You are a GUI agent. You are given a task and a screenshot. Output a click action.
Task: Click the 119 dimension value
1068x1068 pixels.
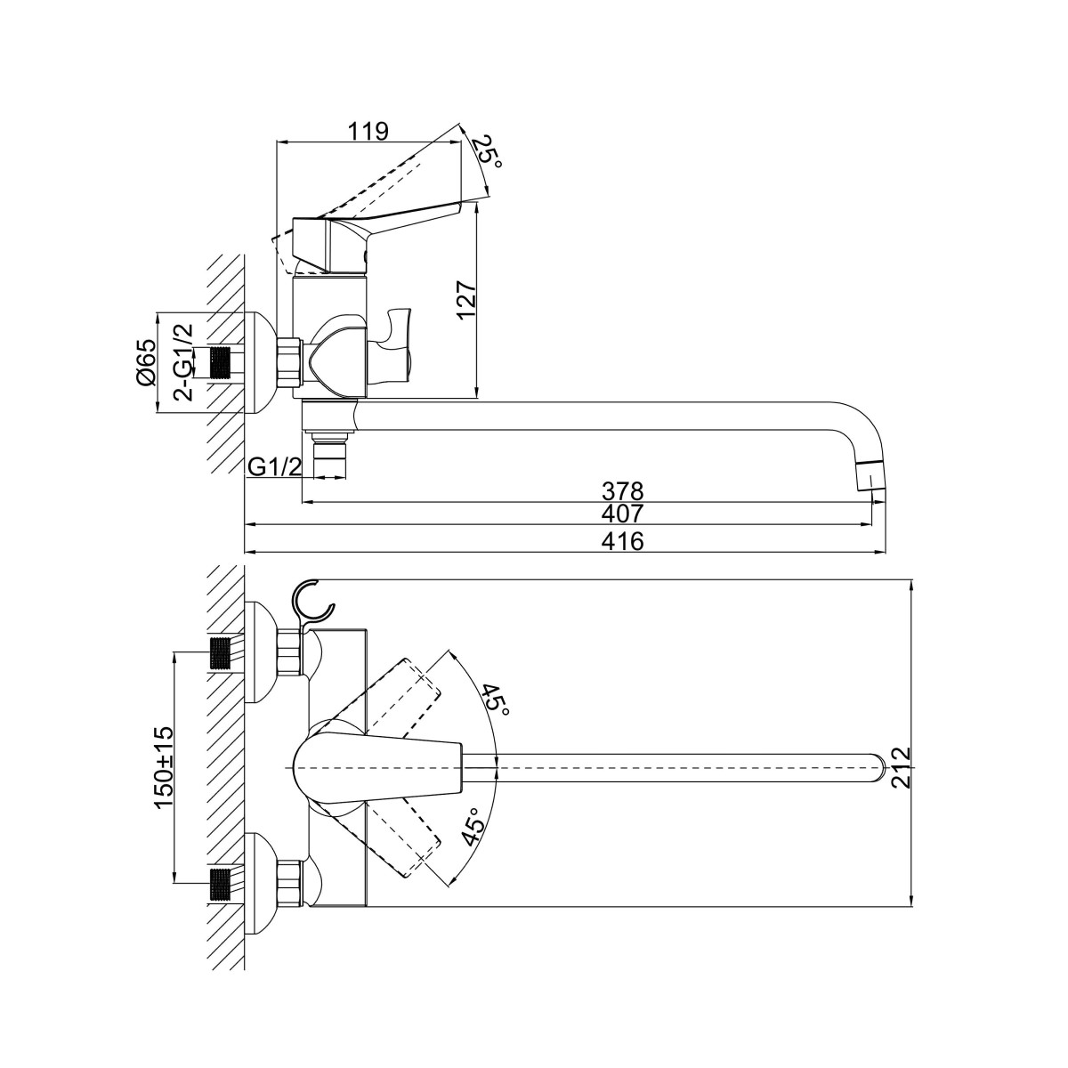click(368, 132)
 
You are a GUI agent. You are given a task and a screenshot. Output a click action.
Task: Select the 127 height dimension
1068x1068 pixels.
click(466, 299)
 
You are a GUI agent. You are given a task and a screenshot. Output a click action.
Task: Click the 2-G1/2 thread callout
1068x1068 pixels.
click(183, 362)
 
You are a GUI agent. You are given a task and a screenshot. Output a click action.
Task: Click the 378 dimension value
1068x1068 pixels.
click(623, 491)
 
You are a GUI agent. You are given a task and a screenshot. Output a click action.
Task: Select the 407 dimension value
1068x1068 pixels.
click(623, 514)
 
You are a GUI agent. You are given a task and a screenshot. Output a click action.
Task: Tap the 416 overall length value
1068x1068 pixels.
click(623, 541)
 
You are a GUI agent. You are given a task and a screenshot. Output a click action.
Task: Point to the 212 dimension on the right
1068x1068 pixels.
click(902, 767)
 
